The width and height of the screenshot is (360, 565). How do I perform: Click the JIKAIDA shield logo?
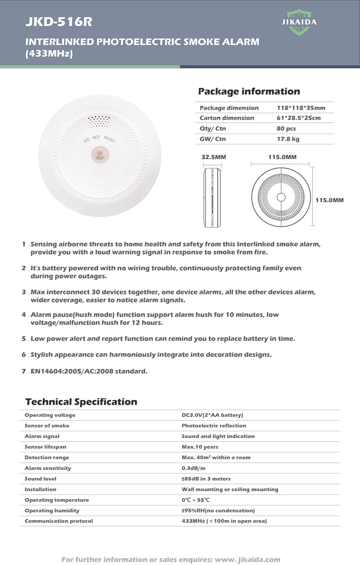pos(299,22)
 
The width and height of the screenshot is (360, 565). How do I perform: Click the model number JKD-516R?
pos(59,22)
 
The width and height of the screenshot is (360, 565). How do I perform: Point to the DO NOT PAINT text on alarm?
pos(99,139)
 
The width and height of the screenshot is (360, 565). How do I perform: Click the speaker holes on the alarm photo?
pos(99,121)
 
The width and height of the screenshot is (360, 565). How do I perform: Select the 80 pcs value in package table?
pos(286,128)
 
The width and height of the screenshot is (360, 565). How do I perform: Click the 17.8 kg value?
pos(288,139)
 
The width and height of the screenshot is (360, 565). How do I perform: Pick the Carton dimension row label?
pos(227,118)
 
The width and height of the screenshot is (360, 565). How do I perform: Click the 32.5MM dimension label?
pos(214,157)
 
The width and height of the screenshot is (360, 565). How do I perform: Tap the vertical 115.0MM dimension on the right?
pos(329,200)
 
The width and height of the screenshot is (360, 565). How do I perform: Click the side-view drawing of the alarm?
pos(212,197)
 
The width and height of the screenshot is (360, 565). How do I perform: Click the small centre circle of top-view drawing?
pos(281,197)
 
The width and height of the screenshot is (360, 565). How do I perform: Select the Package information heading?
pos(249,91)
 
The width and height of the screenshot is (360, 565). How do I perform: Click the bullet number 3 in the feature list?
pos(24,292)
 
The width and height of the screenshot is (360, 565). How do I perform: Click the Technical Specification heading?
pos(81,402)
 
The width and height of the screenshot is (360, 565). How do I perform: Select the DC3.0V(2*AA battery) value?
pos(212,415)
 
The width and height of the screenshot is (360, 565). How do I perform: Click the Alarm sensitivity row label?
pos(48,468)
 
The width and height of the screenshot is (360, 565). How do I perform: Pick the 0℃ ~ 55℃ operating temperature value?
pos(195,500)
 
